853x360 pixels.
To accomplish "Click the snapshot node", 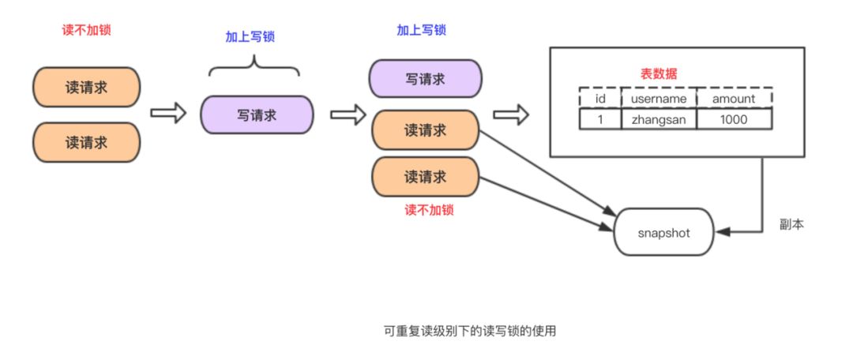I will (x=663, y=232).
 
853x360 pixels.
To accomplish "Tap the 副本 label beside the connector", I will (x=791, y=226).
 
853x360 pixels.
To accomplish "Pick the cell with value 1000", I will (x=734, y=118).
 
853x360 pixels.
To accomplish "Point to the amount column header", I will (x=734, y=98).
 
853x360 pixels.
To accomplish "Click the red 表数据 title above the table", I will (x=658, y=73).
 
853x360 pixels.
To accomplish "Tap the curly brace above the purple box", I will (x=254, y=68).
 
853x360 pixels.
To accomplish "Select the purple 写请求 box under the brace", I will (x=257, y=114).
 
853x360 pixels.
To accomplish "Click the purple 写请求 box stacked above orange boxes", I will (x=424, y=79).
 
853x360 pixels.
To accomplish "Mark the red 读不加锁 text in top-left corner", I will (x=86, y=31).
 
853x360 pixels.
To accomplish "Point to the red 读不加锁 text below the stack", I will (x=428, y=211).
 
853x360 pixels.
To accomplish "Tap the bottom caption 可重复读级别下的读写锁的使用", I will (x=465, y=331).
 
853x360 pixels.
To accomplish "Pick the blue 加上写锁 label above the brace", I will (x=254, y=36).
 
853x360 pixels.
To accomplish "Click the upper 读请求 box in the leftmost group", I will (x=86, y=86).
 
